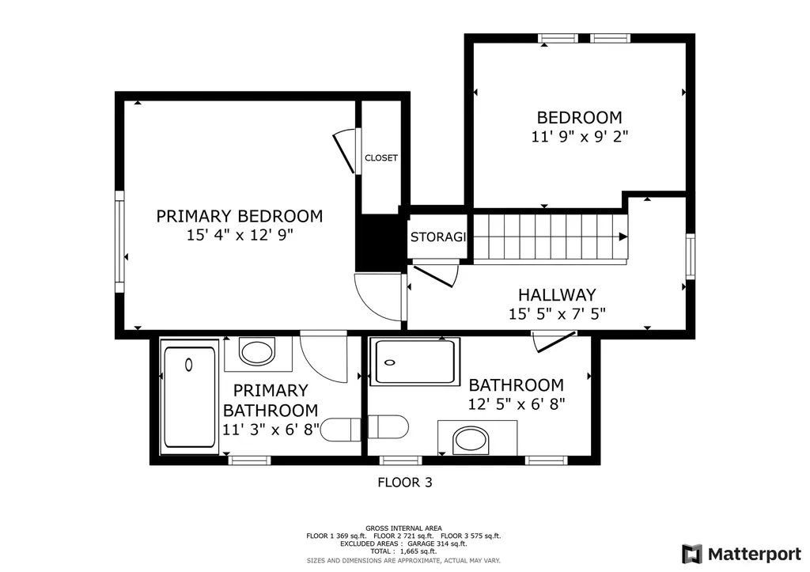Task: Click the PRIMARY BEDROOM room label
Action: coord(239,216)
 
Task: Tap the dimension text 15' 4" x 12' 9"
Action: coord(239,235)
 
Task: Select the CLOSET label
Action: coord(381,158)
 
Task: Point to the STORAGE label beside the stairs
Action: coord(437,237)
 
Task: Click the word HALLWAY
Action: coord(557,294)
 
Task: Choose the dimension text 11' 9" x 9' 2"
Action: coord(579,136)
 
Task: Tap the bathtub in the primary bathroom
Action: coord(189,396)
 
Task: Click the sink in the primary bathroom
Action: coord(257,352)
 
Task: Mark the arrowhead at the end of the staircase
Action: coord(623,237)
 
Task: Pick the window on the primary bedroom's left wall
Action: coord(119,237)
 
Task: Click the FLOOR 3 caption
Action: coord(404,481)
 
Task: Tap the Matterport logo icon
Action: coord(691,553)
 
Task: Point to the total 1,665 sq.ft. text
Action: coord(403,552)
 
